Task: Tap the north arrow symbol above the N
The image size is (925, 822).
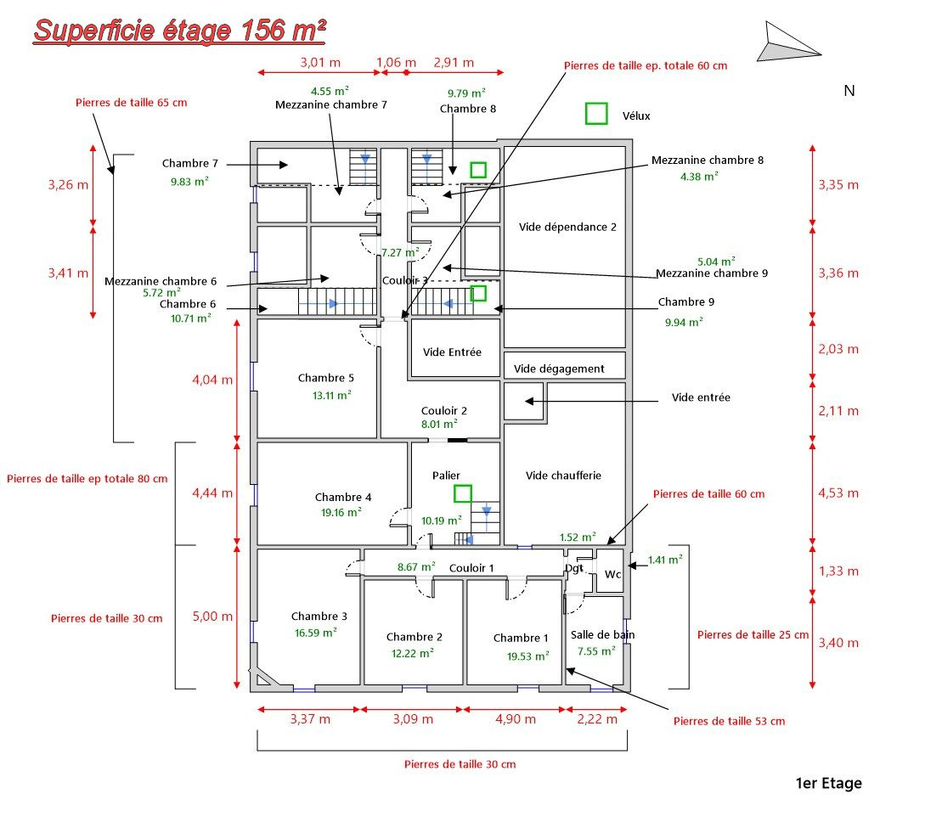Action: [x=789, y=43]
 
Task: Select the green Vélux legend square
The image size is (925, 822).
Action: [x=596, y=113]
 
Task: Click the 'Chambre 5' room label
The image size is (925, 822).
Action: [x=326, y=378]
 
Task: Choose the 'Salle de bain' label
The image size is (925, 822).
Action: [x=602, y=634]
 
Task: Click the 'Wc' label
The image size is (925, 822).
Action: [x=612, y=574]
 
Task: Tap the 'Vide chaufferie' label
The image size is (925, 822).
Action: [x=563, y=476]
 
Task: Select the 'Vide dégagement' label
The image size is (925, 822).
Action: [x=559, y=369]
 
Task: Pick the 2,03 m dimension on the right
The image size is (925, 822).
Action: [x=838, y=348]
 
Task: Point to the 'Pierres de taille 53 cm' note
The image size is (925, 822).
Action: [x=729, y=721]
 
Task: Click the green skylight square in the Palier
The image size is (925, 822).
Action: [x=463, y=493]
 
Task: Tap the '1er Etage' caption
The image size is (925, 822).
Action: [x=827, y=783]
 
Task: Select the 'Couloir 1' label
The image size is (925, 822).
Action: [x=471, y=567]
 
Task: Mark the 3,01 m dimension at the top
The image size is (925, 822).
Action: [x=320, y=62]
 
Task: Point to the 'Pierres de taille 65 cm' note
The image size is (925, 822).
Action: [x=131, y=102]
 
